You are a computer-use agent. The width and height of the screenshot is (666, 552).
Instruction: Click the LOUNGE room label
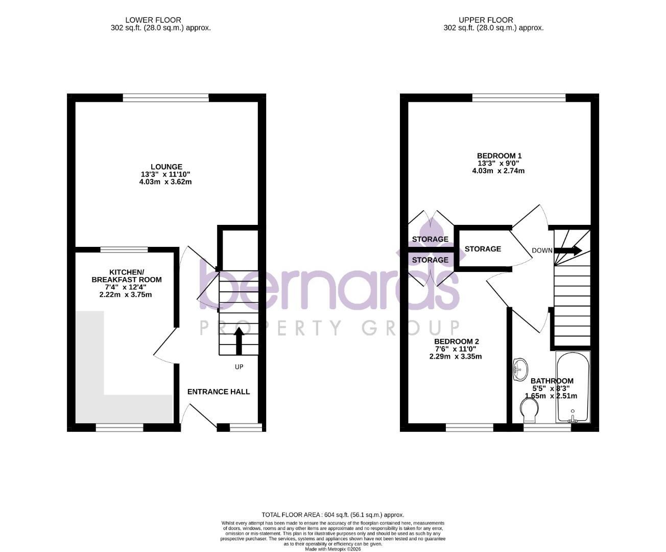point(166,167)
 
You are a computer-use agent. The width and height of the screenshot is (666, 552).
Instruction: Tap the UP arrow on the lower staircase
point(239,341)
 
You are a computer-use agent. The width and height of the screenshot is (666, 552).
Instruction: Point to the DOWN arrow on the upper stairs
point(568,250)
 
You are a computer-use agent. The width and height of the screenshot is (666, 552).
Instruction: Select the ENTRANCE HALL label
point(219,392)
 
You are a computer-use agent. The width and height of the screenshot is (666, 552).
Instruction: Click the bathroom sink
point(520,368)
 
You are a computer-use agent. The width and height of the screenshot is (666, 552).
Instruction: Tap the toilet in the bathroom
point(530,410)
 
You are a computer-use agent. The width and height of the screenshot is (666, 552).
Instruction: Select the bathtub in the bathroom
point(573,387)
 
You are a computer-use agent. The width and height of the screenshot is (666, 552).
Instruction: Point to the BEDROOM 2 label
point(456,341)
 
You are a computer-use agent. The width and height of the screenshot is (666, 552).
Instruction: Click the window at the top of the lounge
point(166,98)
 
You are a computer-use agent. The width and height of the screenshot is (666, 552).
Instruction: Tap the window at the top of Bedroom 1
point(518,98)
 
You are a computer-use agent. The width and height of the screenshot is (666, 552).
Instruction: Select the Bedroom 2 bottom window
point(469,427)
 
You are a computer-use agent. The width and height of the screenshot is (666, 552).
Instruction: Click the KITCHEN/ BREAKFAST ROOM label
point(126,275)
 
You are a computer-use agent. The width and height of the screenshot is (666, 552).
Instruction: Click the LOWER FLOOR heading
point(160,20)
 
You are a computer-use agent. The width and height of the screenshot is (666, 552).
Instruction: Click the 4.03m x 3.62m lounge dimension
point(165,182)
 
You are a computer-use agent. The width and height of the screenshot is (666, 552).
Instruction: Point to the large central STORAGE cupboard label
point(483,249)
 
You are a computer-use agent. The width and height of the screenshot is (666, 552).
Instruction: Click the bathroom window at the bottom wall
point(547,427)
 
